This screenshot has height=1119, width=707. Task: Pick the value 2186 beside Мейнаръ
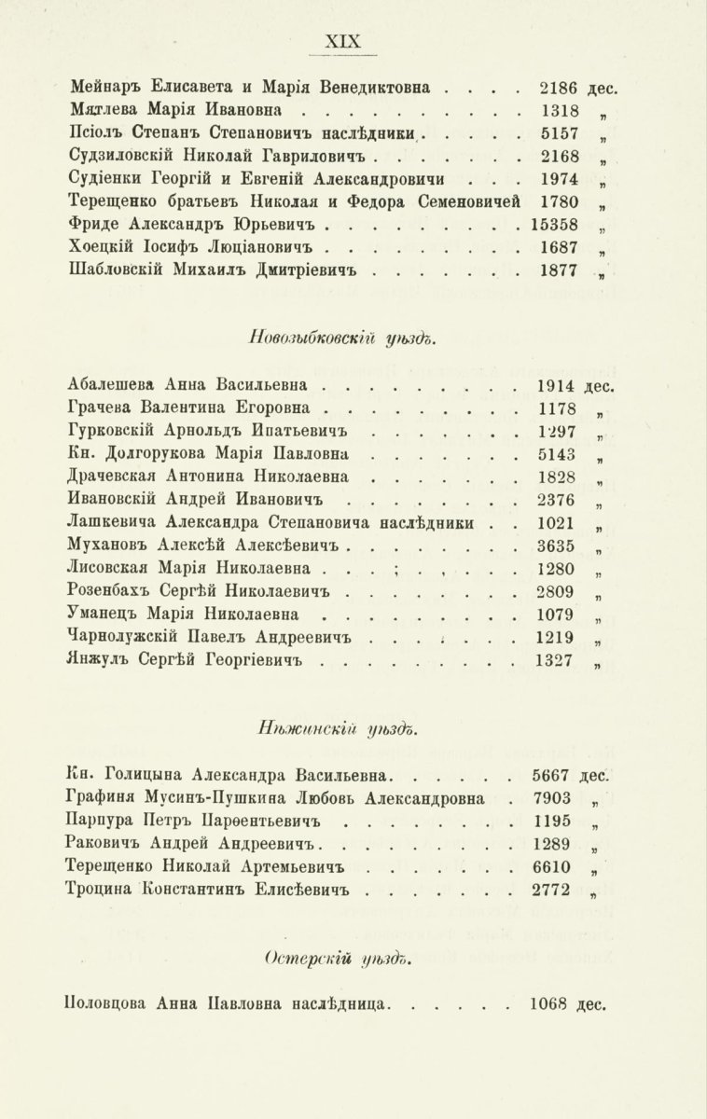click(x=559, y=90)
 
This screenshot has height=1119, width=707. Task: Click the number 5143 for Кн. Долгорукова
click(x=558, y=455)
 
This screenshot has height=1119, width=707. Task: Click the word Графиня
click(x=104, y=799)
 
